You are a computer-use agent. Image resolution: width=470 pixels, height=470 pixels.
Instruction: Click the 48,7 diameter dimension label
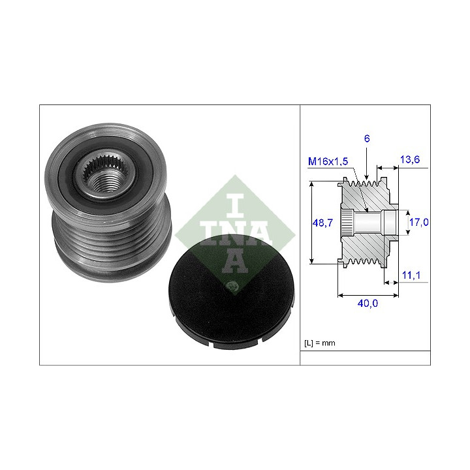(322, 223)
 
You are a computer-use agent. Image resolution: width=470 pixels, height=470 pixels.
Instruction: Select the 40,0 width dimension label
(368, 304)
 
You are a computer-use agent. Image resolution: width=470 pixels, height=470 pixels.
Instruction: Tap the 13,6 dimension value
(410, 159)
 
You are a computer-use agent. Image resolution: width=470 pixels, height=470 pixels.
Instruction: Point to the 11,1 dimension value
(411, 275)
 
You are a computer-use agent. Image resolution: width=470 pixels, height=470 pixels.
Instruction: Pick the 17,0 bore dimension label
(418, 222)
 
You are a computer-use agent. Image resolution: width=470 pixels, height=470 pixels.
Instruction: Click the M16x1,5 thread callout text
(328, 161)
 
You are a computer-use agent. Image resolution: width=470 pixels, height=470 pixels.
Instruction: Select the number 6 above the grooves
(367, 138)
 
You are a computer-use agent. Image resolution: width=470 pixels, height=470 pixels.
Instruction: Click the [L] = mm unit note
(319, 343)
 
